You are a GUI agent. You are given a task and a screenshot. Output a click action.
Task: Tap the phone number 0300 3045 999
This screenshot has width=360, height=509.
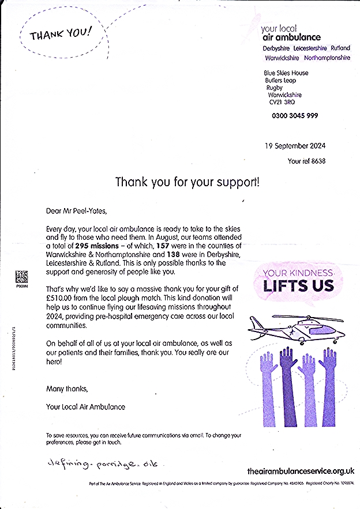[x=295, y=115]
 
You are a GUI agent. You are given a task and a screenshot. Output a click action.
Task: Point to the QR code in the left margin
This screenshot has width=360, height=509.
[x=22, y=276]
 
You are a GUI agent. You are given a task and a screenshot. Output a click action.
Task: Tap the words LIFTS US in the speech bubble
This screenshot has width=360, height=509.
[x=299, y=285]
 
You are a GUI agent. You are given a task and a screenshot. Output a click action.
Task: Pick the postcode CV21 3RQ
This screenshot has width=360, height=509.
[x=282, y=102]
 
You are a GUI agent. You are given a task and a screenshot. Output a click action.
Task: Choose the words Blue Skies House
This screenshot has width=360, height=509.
[x=286, y=73]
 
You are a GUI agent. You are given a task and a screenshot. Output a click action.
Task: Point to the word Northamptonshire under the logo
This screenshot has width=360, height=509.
[x=325, y=58]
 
